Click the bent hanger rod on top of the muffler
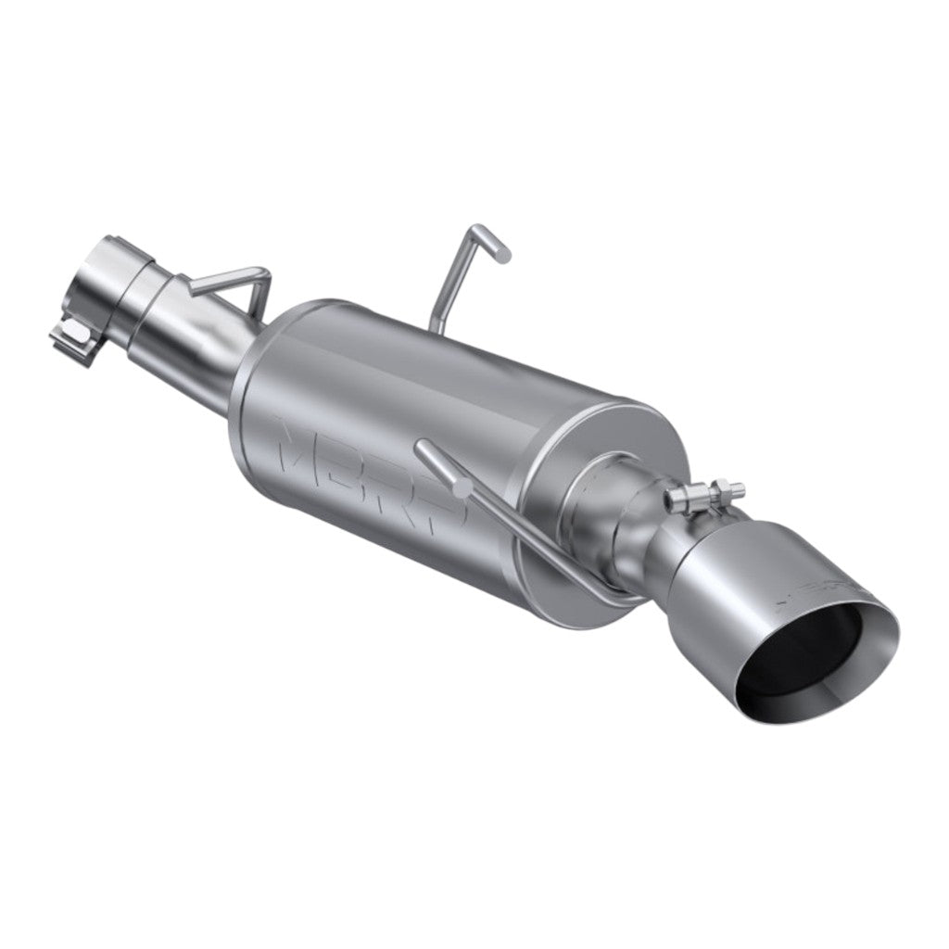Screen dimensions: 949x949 point(463,269)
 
